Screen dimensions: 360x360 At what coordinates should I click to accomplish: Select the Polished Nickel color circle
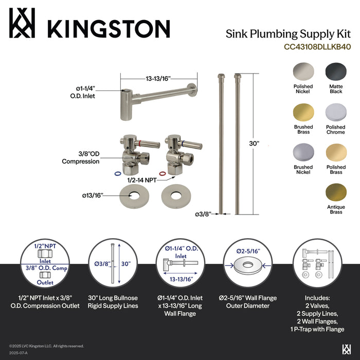303,71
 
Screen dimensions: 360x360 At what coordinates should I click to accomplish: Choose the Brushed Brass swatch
303,112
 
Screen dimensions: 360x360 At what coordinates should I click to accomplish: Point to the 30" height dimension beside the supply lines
265,144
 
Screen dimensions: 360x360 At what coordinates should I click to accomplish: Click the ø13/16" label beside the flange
93,195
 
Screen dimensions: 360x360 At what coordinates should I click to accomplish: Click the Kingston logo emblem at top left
24,23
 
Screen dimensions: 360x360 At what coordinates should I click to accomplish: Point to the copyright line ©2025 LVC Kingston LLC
46,346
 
